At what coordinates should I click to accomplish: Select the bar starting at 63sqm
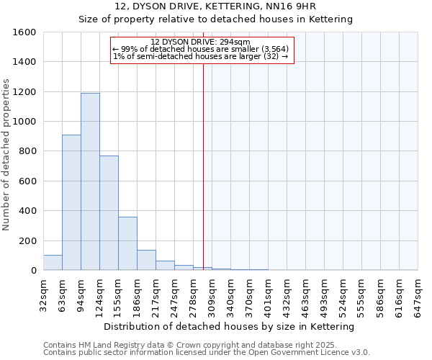click(71, 202)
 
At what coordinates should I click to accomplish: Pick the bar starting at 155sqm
click(127, 243)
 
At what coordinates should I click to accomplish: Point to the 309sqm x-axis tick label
click(212, 293)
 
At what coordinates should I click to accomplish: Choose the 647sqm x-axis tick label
click(418, 293)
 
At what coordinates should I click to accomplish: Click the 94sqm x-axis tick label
click(81, 293)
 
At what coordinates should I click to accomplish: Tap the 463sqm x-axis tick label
click(306, 293)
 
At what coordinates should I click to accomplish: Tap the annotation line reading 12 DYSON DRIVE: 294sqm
click(201, 42)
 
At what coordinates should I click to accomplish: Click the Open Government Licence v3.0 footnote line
click(207, 353)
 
